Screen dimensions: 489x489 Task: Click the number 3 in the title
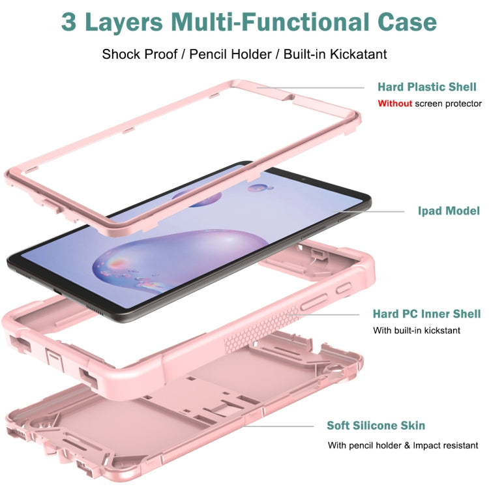tap(70, 22)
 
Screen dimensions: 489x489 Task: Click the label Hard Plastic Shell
tap(427, 87)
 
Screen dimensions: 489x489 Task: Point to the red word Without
tap(394, 103)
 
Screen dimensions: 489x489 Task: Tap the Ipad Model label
tap(449, 211)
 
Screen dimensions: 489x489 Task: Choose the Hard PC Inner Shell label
tap(426, 314)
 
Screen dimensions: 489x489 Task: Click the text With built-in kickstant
tap(417, 330)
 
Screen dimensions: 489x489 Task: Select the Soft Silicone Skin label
tap(376, 426)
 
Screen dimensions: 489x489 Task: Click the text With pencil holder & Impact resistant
tap(403, 445)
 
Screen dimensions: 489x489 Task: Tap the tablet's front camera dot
tap(303, 177)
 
